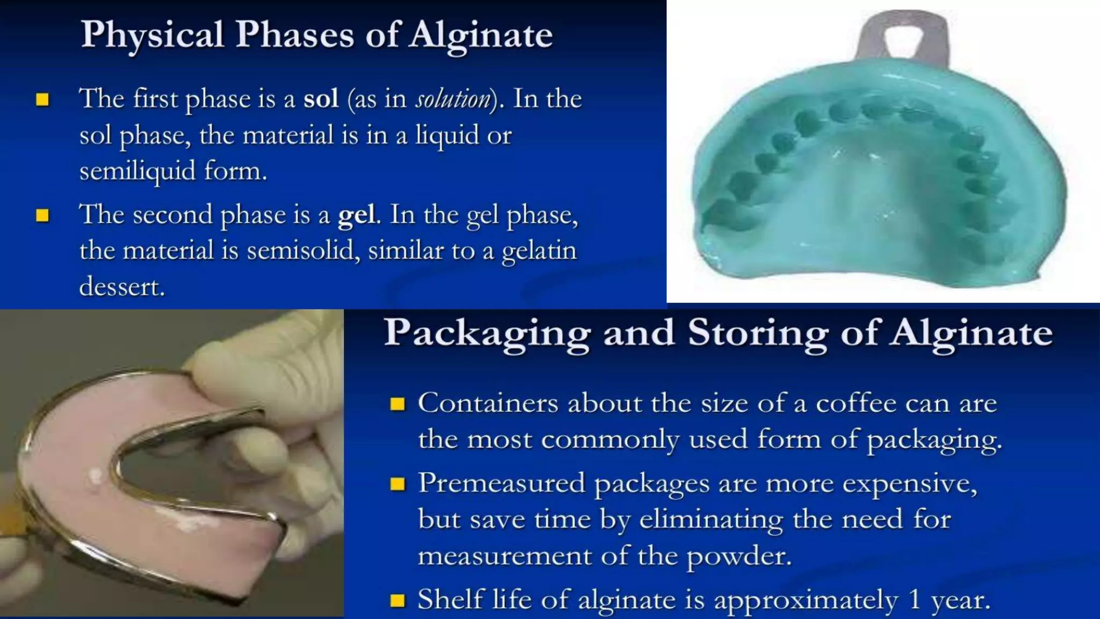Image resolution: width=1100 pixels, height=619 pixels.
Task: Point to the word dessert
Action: (x=121, y=287)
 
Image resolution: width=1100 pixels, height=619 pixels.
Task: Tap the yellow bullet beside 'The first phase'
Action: (x=42, y=100)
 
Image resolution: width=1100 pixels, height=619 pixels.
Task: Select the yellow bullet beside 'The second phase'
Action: (x=42, y=216)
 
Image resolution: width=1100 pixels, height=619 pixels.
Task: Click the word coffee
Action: (x=856, y=404)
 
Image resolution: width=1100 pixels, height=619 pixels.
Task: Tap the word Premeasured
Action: (x=502, y=483)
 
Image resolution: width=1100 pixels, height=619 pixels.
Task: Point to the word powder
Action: (x=739, y=556)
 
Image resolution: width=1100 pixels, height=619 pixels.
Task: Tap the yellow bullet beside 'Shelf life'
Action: (x=397, y=600)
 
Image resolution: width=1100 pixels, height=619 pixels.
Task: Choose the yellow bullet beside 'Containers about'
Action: (x=397, y=404)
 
